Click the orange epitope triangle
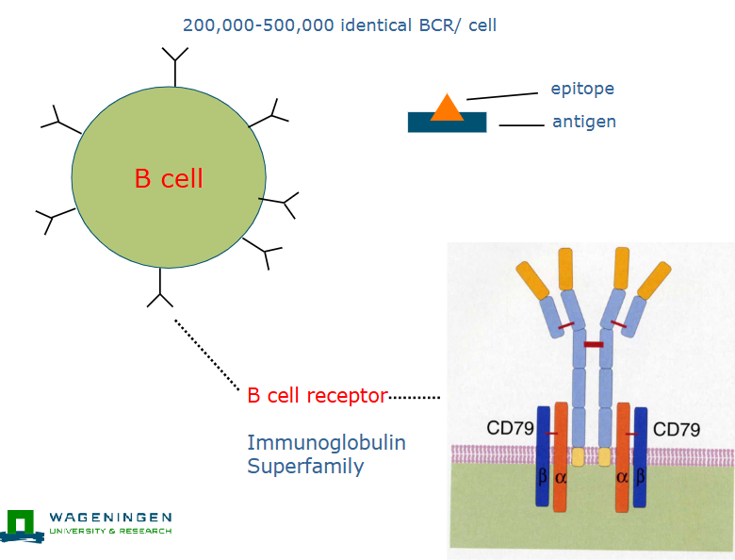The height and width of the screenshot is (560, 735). pos(447,109)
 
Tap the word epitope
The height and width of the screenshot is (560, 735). pos(582,90)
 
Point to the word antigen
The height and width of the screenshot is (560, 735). pos(584,122)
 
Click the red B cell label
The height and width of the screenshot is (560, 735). pos(169,178)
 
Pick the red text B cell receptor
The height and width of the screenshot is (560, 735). pos(317,396)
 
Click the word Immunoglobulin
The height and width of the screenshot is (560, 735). pos(326,442)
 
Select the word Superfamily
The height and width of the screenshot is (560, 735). pos(305,466)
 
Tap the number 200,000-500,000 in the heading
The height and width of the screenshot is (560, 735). pos(258,25)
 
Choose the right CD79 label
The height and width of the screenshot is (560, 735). pos(676,430)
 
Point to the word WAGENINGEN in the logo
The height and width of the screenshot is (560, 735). pos(110,518)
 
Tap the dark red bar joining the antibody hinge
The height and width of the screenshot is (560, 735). pos(594,345)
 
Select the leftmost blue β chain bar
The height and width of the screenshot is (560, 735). pos(543,456)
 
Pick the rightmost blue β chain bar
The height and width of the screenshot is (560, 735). pos(642,456)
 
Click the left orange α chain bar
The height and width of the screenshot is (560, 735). pos(561,456)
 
